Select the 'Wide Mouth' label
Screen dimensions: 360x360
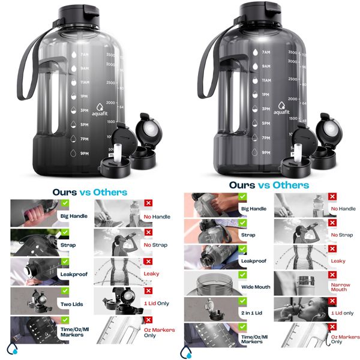256,287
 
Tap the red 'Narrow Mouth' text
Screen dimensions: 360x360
339,287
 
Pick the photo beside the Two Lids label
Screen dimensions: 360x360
35,300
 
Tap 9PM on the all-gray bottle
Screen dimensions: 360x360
265,152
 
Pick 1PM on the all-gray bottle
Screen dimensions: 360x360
265,95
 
